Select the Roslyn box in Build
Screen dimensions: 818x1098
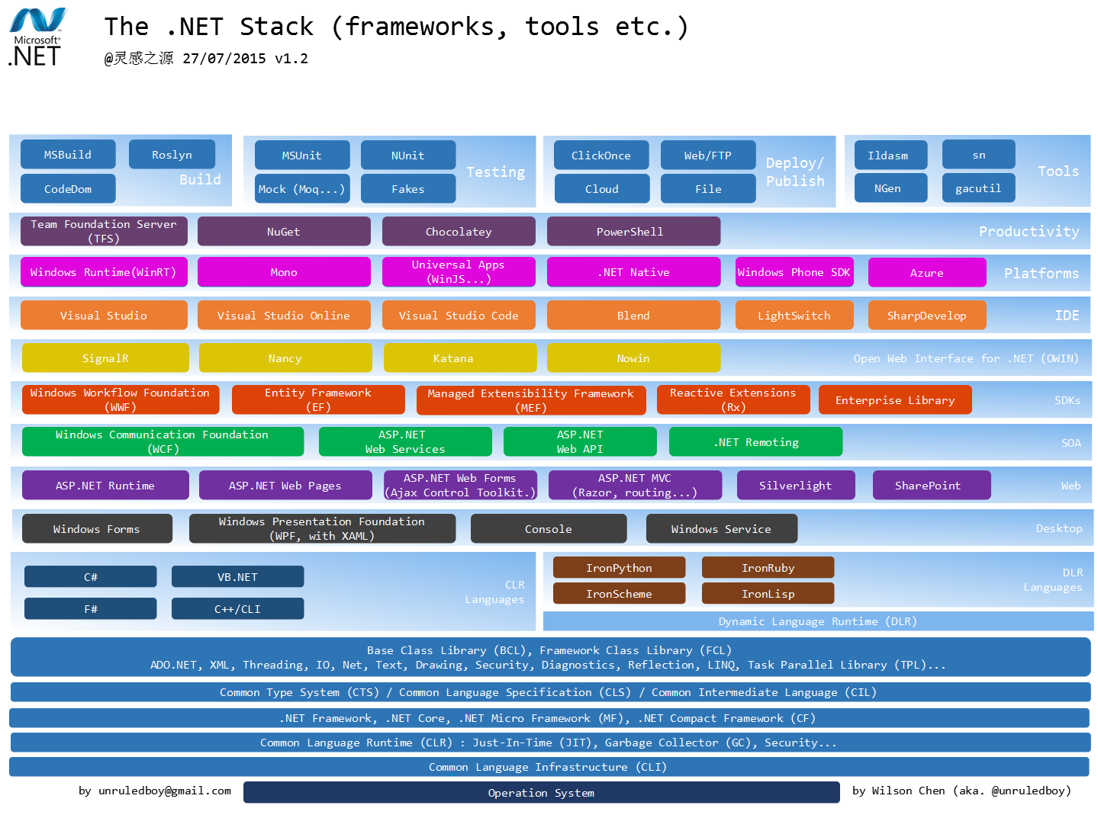172,155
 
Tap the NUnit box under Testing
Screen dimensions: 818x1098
407,156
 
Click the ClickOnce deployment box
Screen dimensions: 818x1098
601,156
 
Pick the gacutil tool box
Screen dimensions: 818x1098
978,188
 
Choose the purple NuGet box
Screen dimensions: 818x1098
284,232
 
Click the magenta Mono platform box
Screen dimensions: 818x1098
284,272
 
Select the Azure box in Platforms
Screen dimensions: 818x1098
926,273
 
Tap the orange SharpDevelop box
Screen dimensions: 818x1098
926,316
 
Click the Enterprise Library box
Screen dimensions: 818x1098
894,400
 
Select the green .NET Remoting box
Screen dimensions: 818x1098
755,442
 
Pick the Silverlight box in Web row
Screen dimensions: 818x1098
795,486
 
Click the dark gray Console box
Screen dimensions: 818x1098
548,529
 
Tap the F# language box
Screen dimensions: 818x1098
90,609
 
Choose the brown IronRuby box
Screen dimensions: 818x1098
768,568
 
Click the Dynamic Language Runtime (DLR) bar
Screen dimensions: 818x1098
817,621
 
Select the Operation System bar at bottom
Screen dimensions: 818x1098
541,793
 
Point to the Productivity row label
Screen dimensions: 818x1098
1029,232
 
